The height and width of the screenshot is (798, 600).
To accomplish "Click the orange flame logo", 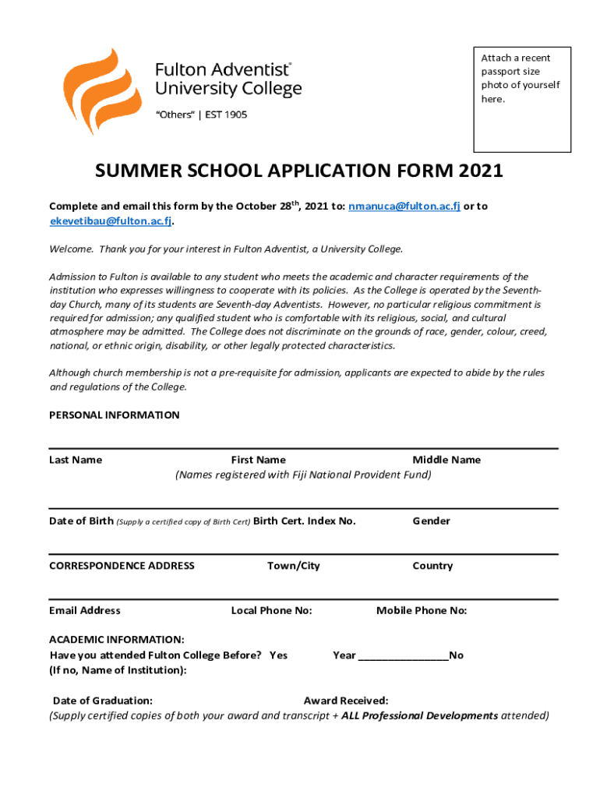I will pos(91,91).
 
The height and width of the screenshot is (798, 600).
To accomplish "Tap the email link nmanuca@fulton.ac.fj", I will pos(404,207).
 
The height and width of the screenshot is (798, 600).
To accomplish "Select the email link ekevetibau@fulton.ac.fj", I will pos(110,221).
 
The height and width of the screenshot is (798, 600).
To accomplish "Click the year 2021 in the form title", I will pos(481,171).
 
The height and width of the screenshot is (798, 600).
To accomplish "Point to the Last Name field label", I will pos(76,460).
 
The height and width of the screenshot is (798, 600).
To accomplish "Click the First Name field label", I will pos(258,460).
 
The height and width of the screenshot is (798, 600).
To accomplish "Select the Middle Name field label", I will pos(446,460).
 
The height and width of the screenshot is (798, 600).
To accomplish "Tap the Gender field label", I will pos(431,521).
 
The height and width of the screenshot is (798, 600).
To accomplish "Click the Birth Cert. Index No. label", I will pos(305,521).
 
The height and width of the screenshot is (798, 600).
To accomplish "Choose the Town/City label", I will pos(293,566).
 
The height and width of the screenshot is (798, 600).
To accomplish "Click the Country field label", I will pos(432,566).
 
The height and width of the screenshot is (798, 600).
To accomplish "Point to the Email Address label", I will pos(85,610).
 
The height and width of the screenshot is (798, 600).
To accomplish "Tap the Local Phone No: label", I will pos(271,610).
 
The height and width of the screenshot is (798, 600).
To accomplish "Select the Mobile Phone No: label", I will pos(422,610).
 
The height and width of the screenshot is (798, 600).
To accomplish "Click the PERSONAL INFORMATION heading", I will pos(115,415).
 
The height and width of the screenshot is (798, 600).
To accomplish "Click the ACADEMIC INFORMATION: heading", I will pos(117,640).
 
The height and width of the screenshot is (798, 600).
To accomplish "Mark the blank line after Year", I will pos(404,656).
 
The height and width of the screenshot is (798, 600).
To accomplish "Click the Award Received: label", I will pos(346,701).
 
